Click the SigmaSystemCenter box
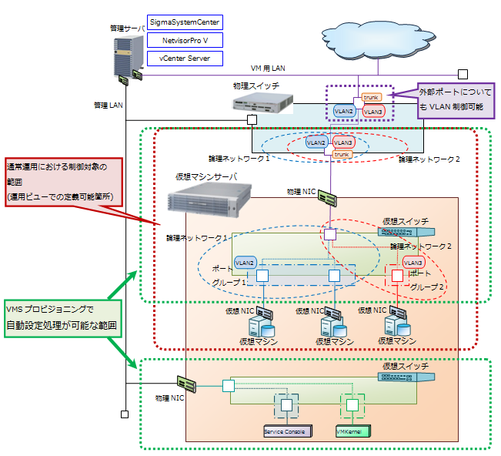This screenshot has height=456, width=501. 185,24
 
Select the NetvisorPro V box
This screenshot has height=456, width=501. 185,41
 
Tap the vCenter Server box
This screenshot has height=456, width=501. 185,58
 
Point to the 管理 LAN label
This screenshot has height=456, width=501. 108,104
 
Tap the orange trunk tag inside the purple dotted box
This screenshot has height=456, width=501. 371,97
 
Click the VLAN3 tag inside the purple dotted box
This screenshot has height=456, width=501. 373,112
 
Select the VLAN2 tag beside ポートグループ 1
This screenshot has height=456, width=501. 245,263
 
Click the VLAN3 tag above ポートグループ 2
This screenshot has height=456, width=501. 413,263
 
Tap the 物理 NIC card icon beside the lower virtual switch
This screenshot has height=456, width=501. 186,383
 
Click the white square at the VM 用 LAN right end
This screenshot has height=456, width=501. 463,75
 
